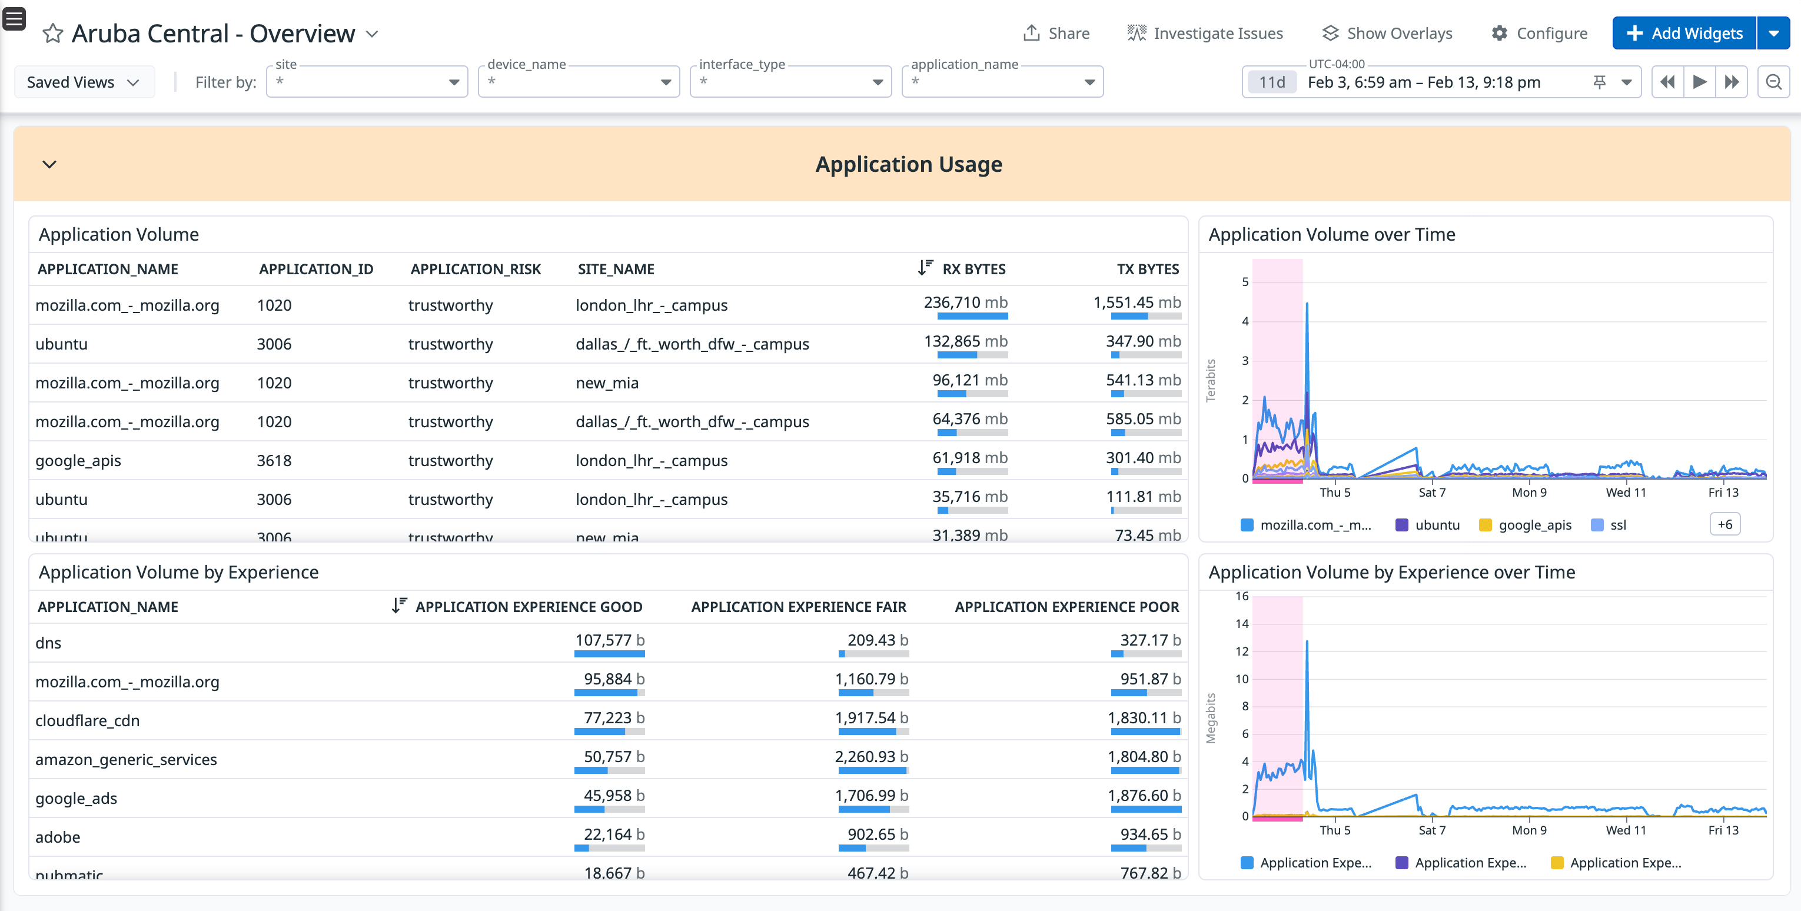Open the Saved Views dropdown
tap(83, 82)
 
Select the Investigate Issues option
tap(1205, 34)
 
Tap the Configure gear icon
tap(1499, 34)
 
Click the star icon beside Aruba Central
tap(53, 34)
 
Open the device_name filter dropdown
tap(578, 82)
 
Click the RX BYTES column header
tap(973, 269)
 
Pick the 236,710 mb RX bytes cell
tap(965, 302)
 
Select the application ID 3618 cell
tap(274, 461)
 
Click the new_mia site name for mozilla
tap(607, 383)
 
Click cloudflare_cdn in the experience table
tap(87, 721)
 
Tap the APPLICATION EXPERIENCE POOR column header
tap(1066, 607)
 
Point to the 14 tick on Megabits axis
tap(1241, 624)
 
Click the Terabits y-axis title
tap(1211, 380)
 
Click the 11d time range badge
tap(1272, 82)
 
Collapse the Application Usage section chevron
tap(49, 164)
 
